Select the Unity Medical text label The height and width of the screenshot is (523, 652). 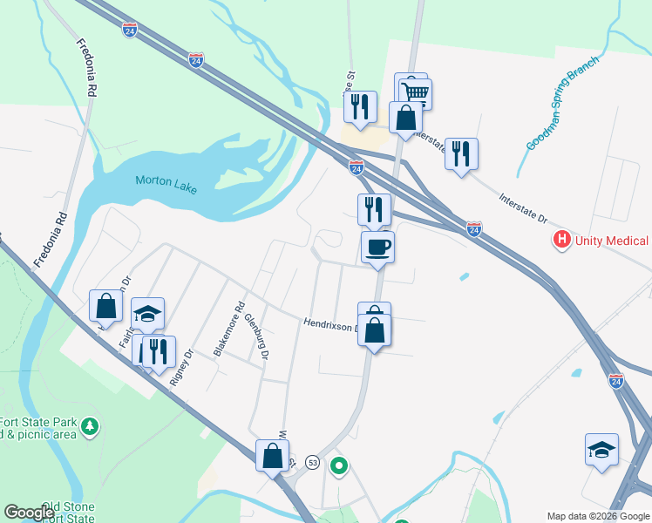(x=611, y=241)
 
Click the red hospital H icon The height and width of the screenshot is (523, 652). (x=562, y=239)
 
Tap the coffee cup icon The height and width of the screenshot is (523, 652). (x=377, y=247)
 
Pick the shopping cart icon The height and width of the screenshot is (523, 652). (x=417, y=92)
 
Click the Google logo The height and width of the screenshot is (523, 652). (x=29, y=513)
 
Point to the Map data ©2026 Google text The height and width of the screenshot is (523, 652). (x=597, y=516)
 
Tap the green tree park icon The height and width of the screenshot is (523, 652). (x=91, y=426)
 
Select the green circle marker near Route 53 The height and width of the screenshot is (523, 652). (x=338, y=467)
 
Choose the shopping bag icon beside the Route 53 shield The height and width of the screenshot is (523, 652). (x=272, y=455)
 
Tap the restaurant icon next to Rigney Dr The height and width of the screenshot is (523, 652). (x=159, y=352)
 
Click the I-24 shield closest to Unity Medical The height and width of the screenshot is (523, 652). (x=473, y=228)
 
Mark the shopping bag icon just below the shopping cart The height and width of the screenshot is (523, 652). (x=405, y=117)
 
